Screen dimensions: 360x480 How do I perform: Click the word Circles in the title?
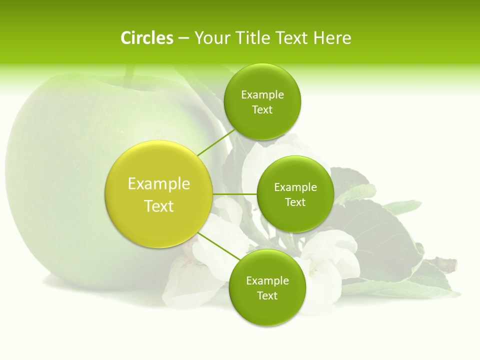(x=146, y=38)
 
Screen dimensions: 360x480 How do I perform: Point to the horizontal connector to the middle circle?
(x=234, y=194)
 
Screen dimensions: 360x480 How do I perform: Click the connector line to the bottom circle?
(x=219, y=245)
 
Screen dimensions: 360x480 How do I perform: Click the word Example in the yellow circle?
(x=159, y=184)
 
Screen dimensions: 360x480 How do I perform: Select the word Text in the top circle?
(x=262, y=110)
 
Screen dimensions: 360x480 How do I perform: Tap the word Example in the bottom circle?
(x=267, y=281)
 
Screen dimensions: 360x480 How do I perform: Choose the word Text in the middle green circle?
(x=295, y=202)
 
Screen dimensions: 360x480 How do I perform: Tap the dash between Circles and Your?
(x=183, y=38)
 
